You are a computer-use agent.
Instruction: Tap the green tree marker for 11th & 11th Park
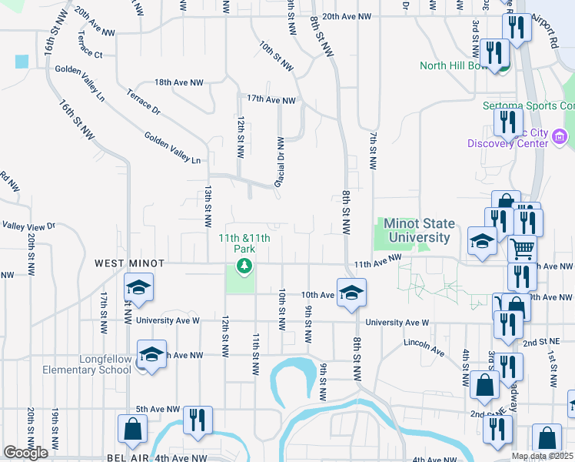pos(244,266)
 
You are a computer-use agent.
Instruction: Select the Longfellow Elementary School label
pos(105,364)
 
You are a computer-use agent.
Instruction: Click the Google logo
pos(25,453)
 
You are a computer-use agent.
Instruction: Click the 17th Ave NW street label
pos(271,100)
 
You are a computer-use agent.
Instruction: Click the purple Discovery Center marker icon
pos(559,138)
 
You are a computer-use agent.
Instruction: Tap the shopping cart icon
pos(523,249)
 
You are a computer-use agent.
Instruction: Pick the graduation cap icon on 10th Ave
pos(351,293)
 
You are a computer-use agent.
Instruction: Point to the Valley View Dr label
pos(29,226)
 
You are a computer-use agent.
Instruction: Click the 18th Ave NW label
pos(179,82)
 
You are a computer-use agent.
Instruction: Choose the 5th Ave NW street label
pos(158,409)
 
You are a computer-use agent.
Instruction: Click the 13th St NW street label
pos(208,206)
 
